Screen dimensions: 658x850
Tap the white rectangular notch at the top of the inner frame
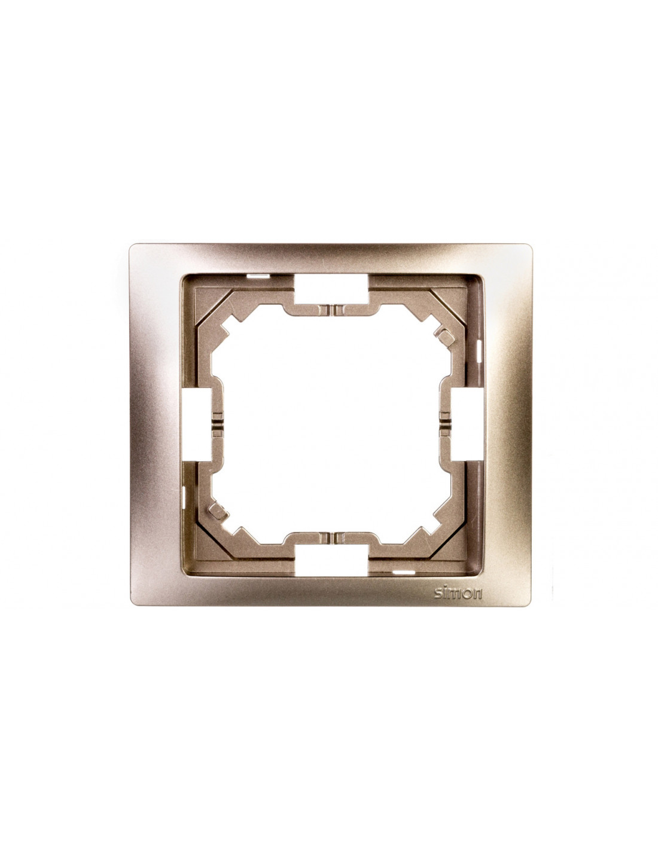[x=331, y=289]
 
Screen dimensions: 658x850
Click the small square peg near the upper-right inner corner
[x=443, y=335]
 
